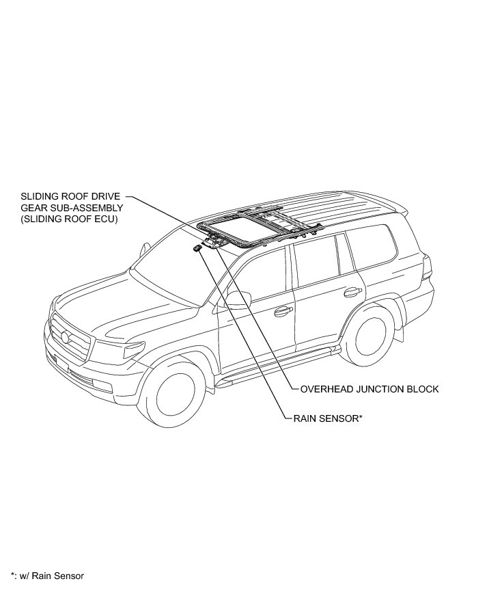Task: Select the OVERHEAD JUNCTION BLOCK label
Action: tap(369, 389)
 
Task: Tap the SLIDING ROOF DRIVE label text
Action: tap(70, 196)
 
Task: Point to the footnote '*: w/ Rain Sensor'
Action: tap(47, 576)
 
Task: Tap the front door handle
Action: tap(281, 312)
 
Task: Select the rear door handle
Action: tap(352, 293)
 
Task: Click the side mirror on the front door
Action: tap(238, 298)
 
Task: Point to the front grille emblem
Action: tap(65, 337)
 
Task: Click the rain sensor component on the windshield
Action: tap(197, 248)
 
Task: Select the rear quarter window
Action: tap(372, 245)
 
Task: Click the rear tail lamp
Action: tap(428, 266)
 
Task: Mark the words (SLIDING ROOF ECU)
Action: tap(70, 219)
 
